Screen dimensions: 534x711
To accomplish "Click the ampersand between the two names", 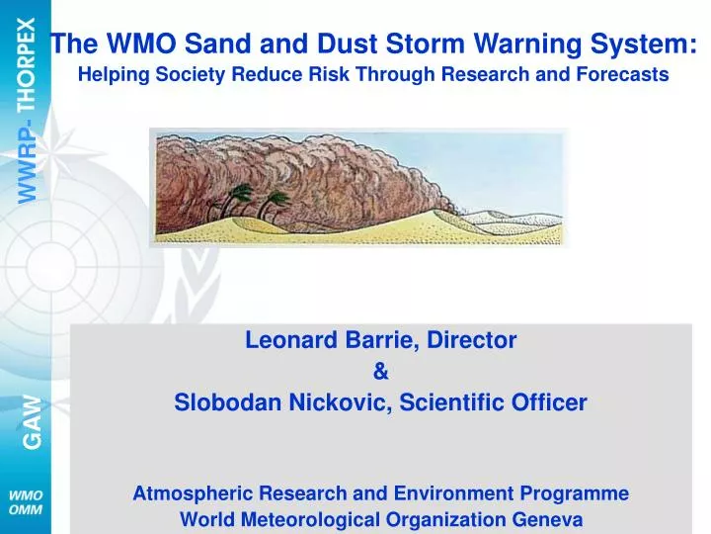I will pyautogui.click(x=381, y=372).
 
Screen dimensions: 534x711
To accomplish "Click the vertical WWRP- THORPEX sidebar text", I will pyautogui.click(x=32, y=109).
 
